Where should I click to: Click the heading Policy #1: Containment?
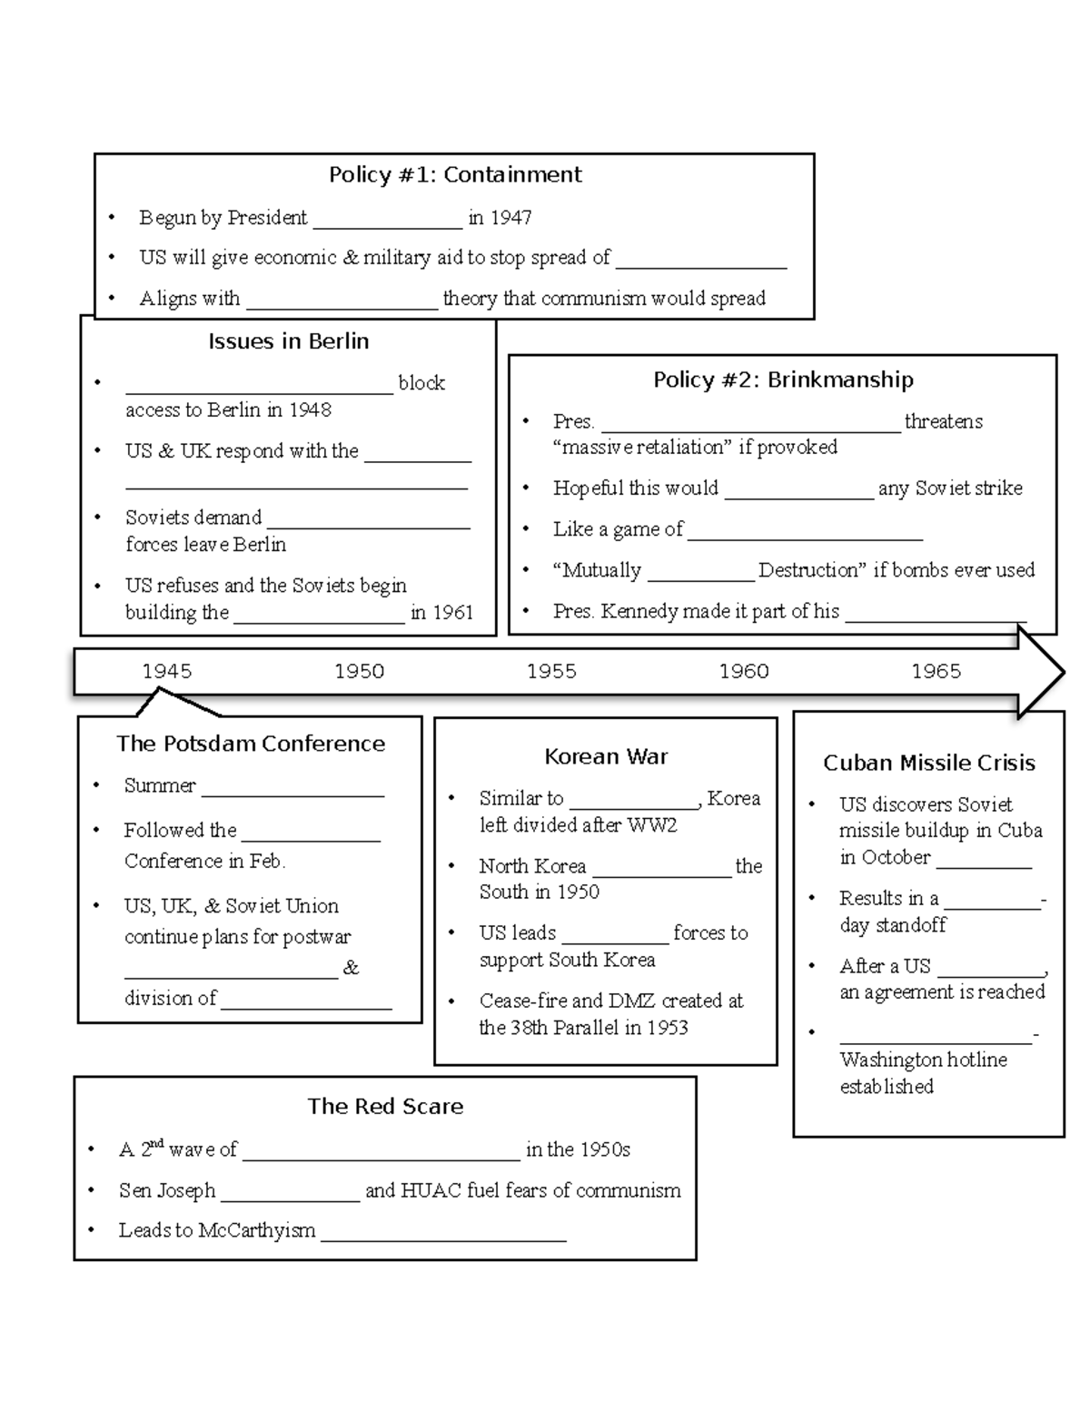pyautogui.click(x=454, y=174)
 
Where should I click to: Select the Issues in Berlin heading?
pyautogui.click(x=288, y=341)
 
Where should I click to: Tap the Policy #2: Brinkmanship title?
pyautogui.click(x=783, y=380)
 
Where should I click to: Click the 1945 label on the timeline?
pyautogui.click(x=167, y=671)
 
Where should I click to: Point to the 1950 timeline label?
pyautogui.click(x=359, y=671)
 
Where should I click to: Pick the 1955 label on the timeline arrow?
pyautogui.click(x=551, y=671)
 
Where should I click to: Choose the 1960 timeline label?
pyautogui.click(x=744, y=671)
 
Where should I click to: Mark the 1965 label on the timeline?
pyautogui.click(x=936, y=671)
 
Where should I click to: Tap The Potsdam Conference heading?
pyautogui.click(x=251, y=744)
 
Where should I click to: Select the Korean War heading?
pyautogui.click(x=606, y=756)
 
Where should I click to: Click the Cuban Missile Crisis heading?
pyautogui.click(x=928, y=763)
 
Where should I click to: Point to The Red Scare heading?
pyautogui.click(x=385, y=1106)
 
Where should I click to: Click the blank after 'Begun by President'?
pyautogui.click(x=387, y=220)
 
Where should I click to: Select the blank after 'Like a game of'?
pyautogui.click(x=805, y=531)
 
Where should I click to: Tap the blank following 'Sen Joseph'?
pyautogui.click(x=290, y=1192)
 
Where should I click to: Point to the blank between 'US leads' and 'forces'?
pyautogui.click(x=614, y=935)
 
